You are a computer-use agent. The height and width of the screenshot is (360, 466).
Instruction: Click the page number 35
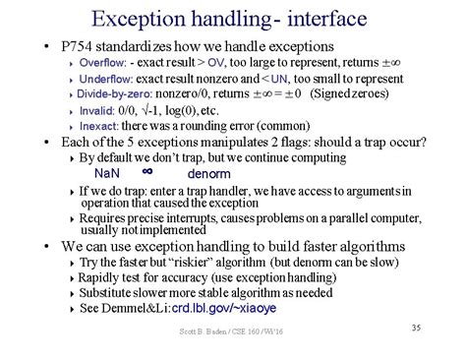(415, 327)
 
